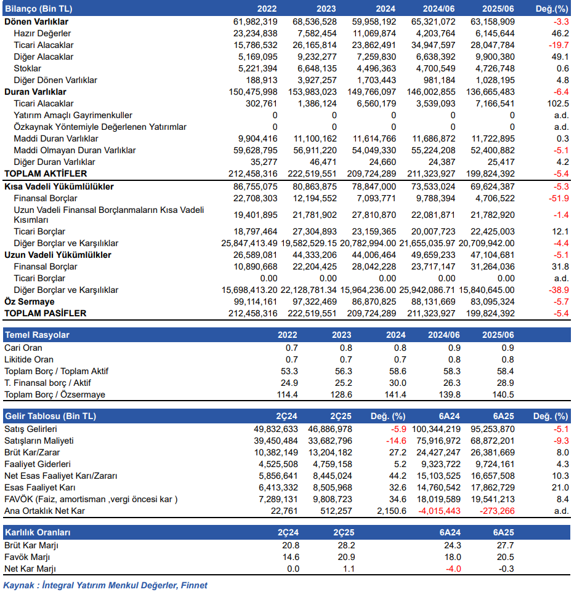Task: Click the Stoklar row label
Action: pyautogui.click(x=27, y=68)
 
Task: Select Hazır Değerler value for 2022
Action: pyautogui.click(x=256, y=33)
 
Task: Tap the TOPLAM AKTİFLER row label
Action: pyautogui.click(x=46, y=174)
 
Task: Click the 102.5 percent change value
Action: pyautogui.click(x=558, y=103)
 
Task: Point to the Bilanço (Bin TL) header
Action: pyautogui.click(x=39, y=9)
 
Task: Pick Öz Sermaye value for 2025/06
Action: pyautogui.click(x=493, y=302)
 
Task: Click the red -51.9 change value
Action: pyautogui.click(x=559, y=198)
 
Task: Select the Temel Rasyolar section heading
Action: pyautogui.click(x=37, y=335)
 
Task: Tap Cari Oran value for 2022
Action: pyautogui.click(x=292, y=348)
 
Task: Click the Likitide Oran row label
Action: pyautogui.click(x=29, y=359)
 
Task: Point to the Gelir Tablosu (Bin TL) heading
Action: pyautogui.click(x=51, y=416)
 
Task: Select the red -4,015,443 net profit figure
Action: pyautogui.click(x=440, y=511)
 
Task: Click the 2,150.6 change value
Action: pyautogui.click(x=392, y=511)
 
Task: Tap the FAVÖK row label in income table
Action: pyautogui.click(x=91, y=499)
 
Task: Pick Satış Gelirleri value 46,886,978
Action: pyautogui.click(x=330, y=429)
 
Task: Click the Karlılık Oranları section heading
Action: pyautogui.click(x=38, y=532)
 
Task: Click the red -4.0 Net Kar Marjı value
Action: pyautogui.click(x=453, y=569)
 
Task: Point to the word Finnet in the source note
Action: pyautogui.click(x=194, y=585)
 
